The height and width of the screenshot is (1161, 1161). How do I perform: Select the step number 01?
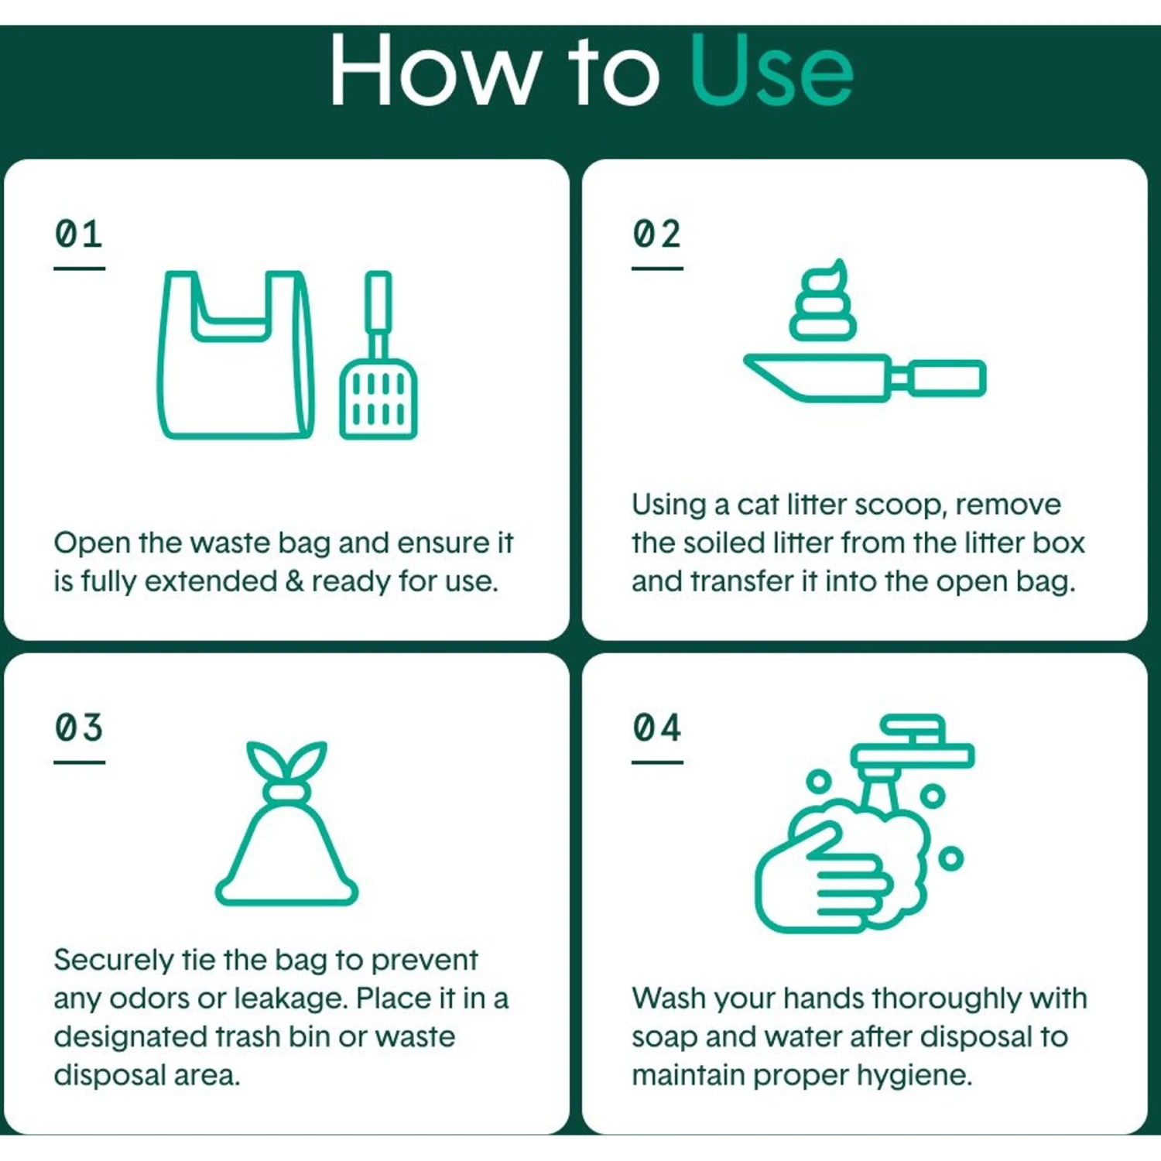tap(79, 234)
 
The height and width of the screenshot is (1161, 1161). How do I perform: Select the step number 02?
tap(657, 234)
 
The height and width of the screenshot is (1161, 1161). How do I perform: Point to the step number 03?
tap(79, 728)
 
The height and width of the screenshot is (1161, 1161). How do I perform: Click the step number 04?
tap(657, 728)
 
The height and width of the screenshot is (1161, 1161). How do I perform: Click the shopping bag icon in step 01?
tap(236, 354)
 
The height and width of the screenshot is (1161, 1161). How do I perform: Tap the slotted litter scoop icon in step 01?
tap(378, 354)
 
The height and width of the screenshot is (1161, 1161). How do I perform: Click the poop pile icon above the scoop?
tap(823, 300)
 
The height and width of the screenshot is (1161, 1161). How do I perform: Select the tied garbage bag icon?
tap(286, 824)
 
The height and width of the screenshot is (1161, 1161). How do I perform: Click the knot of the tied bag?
tap(286, 791)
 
